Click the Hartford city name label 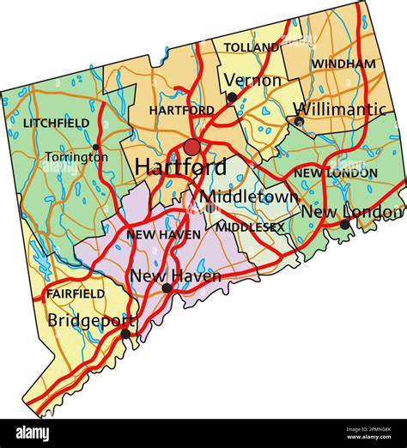point(180,166)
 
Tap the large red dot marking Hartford point(192,147)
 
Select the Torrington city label point(70,158)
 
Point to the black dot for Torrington point(95,147)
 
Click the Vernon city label point(252,81)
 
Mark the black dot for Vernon point(232,98)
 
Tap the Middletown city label point(249,197)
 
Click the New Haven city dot point(167,288)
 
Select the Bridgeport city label point(91,320)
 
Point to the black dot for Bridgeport point(125,333)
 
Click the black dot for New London point(345,225)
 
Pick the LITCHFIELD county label point(56,124)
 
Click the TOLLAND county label point(252,47)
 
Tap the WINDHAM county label point(343,64)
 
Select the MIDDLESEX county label point(250,227)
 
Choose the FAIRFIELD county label point(76,294)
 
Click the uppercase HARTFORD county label point(181,111)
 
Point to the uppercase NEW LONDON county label point(336,173)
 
